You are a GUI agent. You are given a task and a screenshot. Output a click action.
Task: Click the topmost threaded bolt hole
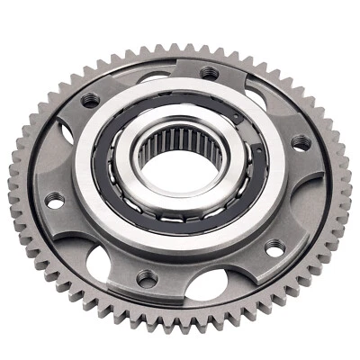[209, 72]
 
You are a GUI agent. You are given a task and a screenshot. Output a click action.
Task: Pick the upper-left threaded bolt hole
[90, 101]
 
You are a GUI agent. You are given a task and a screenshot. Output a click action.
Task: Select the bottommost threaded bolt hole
[145, 276]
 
